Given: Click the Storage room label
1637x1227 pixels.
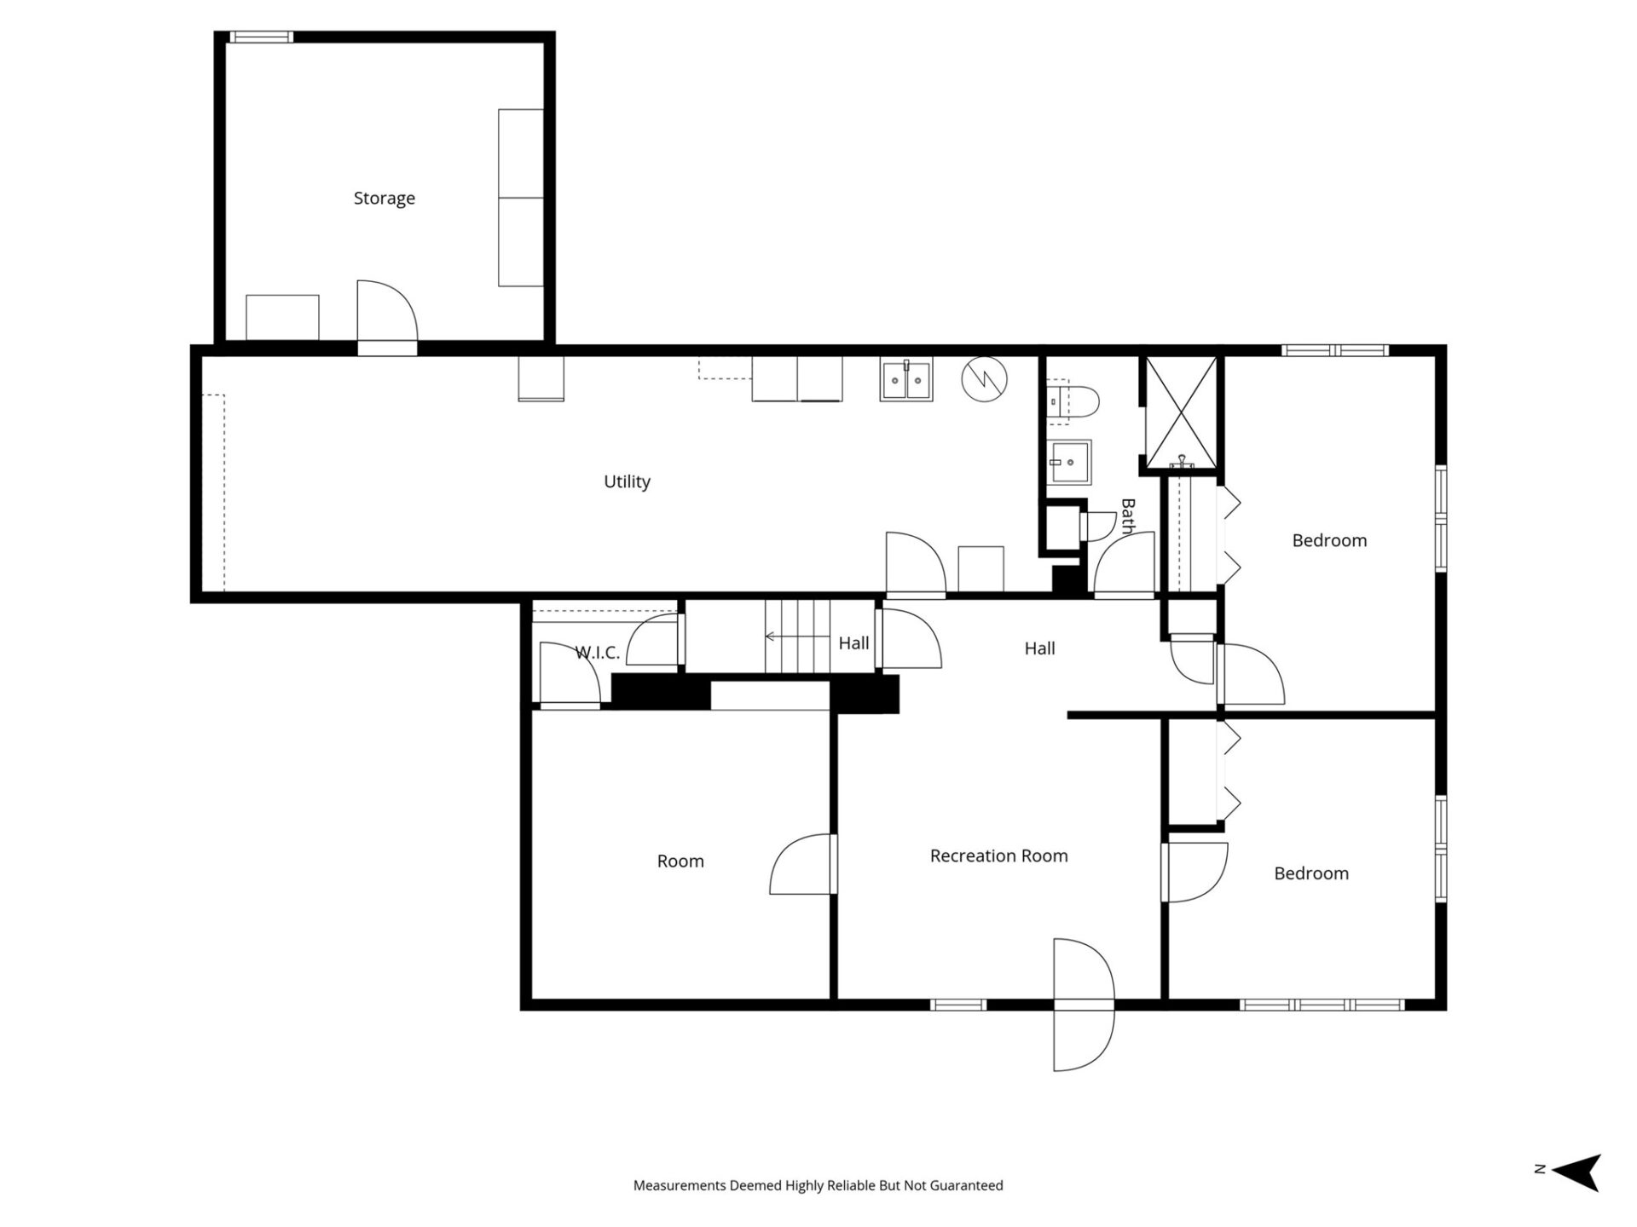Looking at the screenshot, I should click(x=384, y=199).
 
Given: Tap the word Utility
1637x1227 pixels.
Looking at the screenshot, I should click(x=627, y=481).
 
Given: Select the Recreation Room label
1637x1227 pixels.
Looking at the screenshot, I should click(x=998, y=855).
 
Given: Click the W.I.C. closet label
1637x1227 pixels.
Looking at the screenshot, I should click(x=597, y=653).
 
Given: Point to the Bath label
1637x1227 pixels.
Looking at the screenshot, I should click(x=1128, y=516).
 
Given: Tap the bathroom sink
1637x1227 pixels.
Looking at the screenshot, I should click(x=1069, y=462).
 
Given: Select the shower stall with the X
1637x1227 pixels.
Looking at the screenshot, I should click(x=1180, y=412).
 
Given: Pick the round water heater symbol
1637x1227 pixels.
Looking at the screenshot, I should click(x=984, y=379).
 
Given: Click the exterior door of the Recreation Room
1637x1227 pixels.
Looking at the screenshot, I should click(x=1083, y=1005).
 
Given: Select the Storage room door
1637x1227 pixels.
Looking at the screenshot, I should click(x=387, y=315).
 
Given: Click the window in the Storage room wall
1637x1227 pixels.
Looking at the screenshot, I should click(x=261, y=37).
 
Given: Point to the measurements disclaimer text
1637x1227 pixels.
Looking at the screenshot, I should click(x=818, y=1185).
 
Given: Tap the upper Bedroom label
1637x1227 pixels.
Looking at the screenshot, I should click(x=1328, y=540).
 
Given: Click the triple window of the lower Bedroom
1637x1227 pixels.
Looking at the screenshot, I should click(x=1321, y=1005).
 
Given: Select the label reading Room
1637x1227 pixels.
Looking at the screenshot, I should click(x=680, y=861).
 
